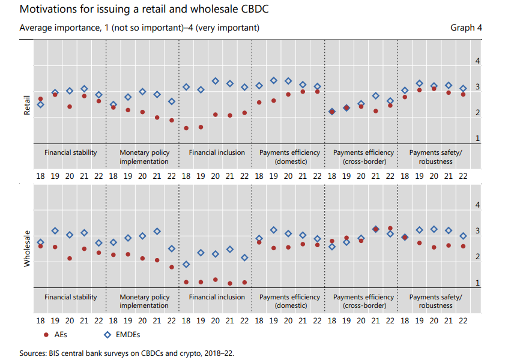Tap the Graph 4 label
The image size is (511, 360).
coord(466,28)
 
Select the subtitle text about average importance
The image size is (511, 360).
coord(139,28)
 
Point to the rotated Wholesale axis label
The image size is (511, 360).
coord(26,247)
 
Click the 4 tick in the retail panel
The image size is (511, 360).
coord(477,61)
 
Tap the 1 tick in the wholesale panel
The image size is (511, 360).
coord(477,283)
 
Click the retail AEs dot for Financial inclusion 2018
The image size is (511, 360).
coord(186,128)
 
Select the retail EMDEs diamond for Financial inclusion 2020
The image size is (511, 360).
coord(216,81)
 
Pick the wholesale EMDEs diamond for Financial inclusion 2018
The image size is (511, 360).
coord(186,264)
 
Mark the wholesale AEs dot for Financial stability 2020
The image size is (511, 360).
coord(70,259)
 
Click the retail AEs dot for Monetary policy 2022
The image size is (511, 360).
coord(171,121)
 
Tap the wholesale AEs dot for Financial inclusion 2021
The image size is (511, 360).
coord(230,283)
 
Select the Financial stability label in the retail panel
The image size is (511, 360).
coord(70,152)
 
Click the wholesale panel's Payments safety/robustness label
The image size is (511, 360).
coord(435,301)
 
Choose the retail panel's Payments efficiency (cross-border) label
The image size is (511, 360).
coord(363,157)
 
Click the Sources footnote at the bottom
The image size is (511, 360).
coord(127,353)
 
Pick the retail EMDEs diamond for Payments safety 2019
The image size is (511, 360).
coord(420,83)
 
